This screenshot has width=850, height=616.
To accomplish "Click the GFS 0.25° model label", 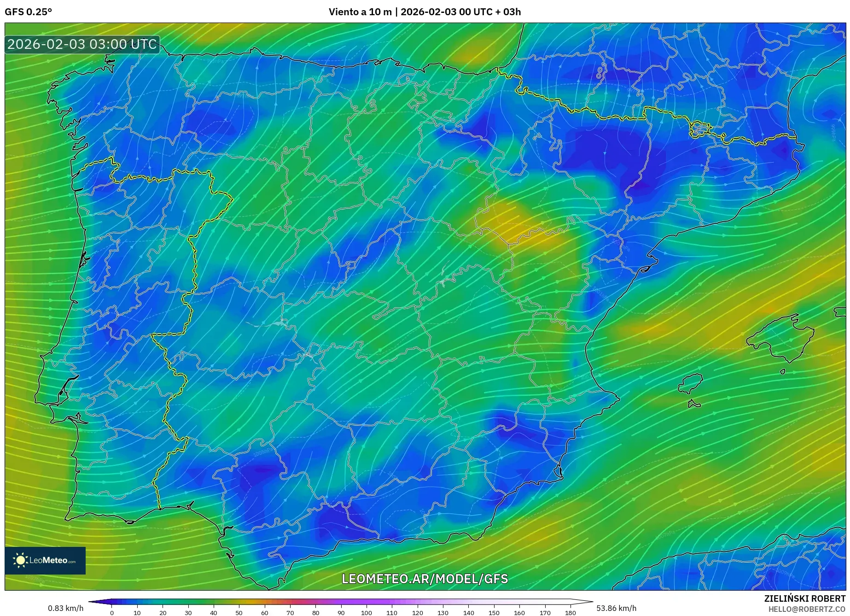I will click(x=28, y=12).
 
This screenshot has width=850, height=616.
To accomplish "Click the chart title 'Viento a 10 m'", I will click(x=360, y=12).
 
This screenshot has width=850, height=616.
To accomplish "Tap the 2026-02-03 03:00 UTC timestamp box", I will click(x=82, y=45).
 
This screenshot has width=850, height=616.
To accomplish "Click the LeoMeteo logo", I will click(x=45, y=560).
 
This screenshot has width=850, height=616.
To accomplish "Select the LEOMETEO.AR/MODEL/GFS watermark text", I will click(x=425, y=579).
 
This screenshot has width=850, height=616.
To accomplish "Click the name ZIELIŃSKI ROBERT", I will click(x=804, y=598).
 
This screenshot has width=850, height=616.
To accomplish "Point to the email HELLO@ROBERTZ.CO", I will click(x=806, y=609).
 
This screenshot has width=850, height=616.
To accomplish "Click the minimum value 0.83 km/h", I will click(x=65, y=608).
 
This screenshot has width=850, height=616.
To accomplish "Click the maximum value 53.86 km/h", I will click(x=616, y=608).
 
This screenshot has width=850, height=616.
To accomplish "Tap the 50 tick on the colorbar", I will click(x=239, y=613).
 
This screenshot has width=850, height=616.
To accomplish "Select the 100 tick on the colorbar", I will click(x=367, y=613).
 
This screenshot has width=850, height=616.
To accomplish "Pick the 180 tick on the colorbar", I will click(x=571, y=613).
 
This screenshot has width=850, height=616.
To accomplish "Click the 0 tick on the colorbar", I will click(x=112, y=613).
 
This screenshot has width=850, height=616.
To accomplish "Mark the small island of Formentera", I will click(x=694, y=405).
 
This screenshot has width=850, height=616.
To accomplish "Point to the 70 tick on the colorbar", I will click(x=290, y=613).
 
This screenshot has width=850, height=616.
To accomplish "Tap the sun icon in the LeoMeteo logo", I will click(x=20, y=560).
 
